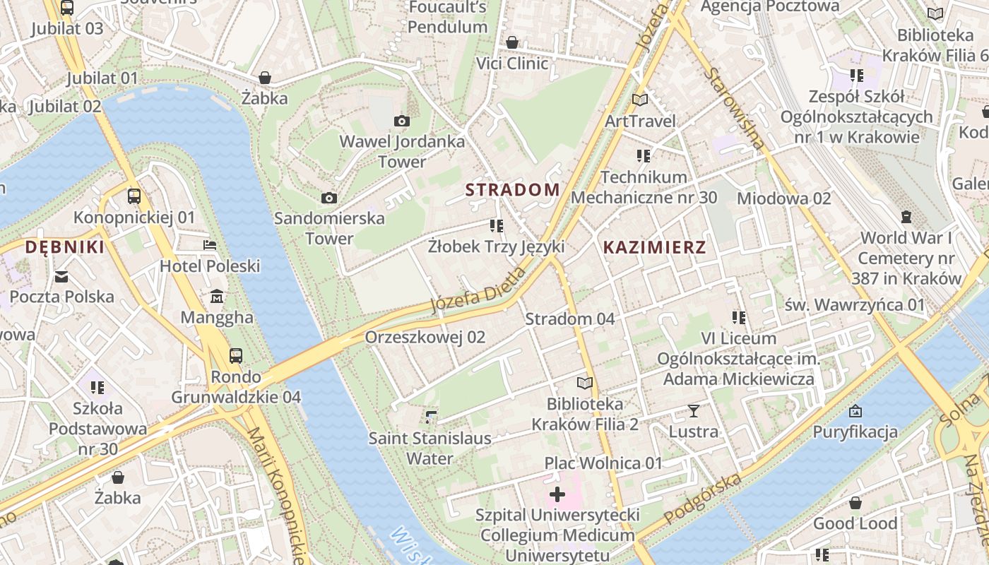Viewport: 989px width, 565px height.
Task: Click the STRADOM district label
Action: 512,190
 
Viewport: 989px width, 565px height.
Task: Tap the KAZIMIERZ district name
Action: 654,247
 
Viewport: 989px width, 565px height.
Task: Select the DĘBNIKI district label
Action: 64,247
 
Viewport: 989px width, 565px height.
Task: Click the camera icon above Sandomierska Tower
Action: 328,198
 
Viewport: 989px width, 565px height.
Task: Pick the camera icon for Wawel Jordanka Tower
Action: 401,121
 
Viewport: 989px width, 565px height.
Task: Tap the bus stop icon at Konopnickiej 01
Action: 134,196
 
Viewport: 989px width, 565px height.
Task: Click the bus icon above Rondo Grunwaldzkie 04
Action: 236,356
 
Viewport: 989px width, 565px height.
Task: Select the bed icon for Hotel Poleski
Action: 210,245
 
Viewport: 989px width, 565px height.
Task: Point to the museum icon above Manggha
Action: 217,297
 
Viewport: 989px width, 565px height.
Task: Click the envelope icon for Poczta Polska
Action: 61,276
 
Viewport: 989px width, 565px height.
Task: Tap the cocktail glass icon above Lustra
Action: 693,410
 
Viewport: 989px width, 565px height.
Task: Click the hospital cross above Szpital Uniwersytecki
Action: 557,494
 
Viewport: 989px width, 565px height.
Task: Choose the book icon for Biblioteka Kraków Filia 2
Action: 584,383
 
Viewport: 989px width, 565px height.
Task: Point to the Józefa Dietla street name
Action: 478,291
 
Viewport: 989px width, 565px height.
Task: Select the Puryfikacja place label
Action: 855,432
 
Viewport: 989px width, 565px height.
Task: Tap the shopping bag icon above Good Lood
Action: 855,503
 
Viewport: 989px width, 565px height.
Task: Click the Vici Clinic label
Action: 512,64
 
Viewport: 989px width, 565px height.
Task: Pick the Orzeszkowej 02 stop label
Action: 425,338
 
